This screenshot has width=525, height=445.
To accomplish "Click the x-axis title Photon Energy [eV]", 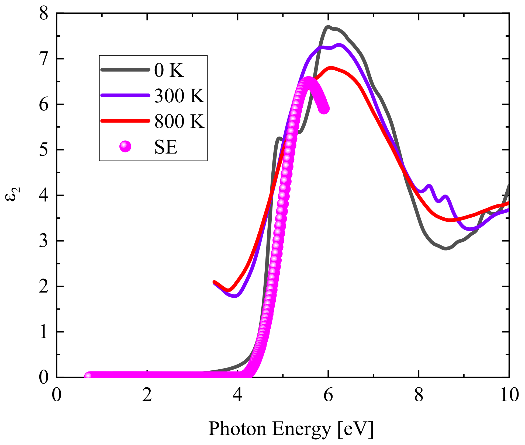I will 291,429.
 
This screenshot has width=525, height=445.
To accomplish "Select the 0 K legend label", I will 169,71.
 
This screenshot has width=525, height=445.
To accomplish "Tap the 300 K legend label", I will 179,96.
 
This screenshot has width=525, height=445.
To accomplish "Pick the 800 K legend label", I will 179,121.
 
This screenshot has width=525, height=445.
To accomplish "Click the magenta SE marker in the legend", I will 125,146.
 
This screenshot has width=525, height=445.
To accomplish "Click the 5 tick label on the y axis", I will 44,150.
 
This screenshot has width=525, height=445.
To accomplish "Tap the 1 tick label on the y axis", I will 44,332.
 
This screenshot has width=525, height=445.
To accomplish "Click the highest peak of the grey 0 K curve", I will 328,27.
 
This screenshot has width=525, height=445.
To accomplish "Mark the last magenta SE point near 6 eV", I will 324,109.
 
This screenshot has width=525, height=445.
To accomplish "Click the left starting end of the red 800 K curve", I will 215,282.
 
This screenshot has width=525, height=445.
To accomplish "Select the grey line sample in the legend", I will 125,70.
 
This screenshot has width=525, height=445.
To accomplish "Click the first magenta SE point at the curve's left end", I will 88,376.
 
